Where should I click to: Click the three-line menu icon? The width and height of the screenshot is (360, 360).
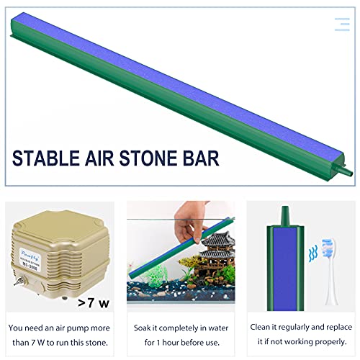click(342, 24)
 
